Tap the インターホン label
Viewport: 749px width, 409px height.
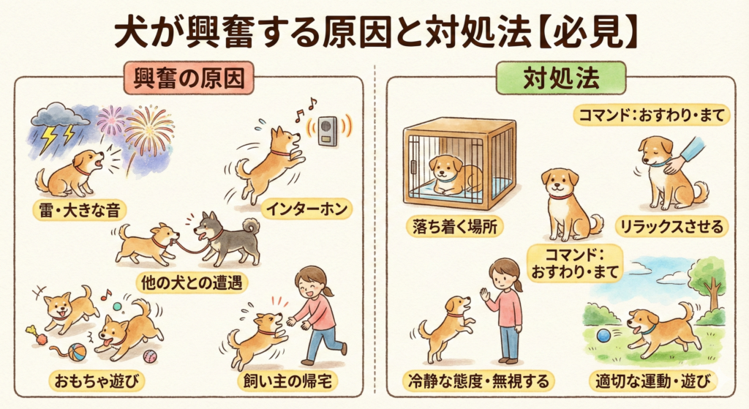pos(306,209)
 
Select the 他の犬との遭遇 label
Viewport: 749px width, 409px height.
pos(192,283)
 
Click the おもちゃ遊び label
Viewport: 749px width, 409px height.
pos(97,381)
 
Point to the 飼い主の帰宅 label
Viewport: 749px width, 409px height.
pos(287,381)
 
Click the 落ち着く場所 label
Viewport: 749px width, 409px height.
pos(455,227)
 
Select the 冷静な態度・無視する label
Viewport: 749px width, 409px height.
pos(478,380)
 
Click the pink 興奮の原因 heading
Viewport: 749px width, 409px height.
pos(189,78)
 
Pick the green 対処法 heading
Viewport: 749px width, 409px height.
pos(561,78)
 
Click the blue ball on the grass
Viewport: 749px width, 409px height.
pos(603,335)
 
